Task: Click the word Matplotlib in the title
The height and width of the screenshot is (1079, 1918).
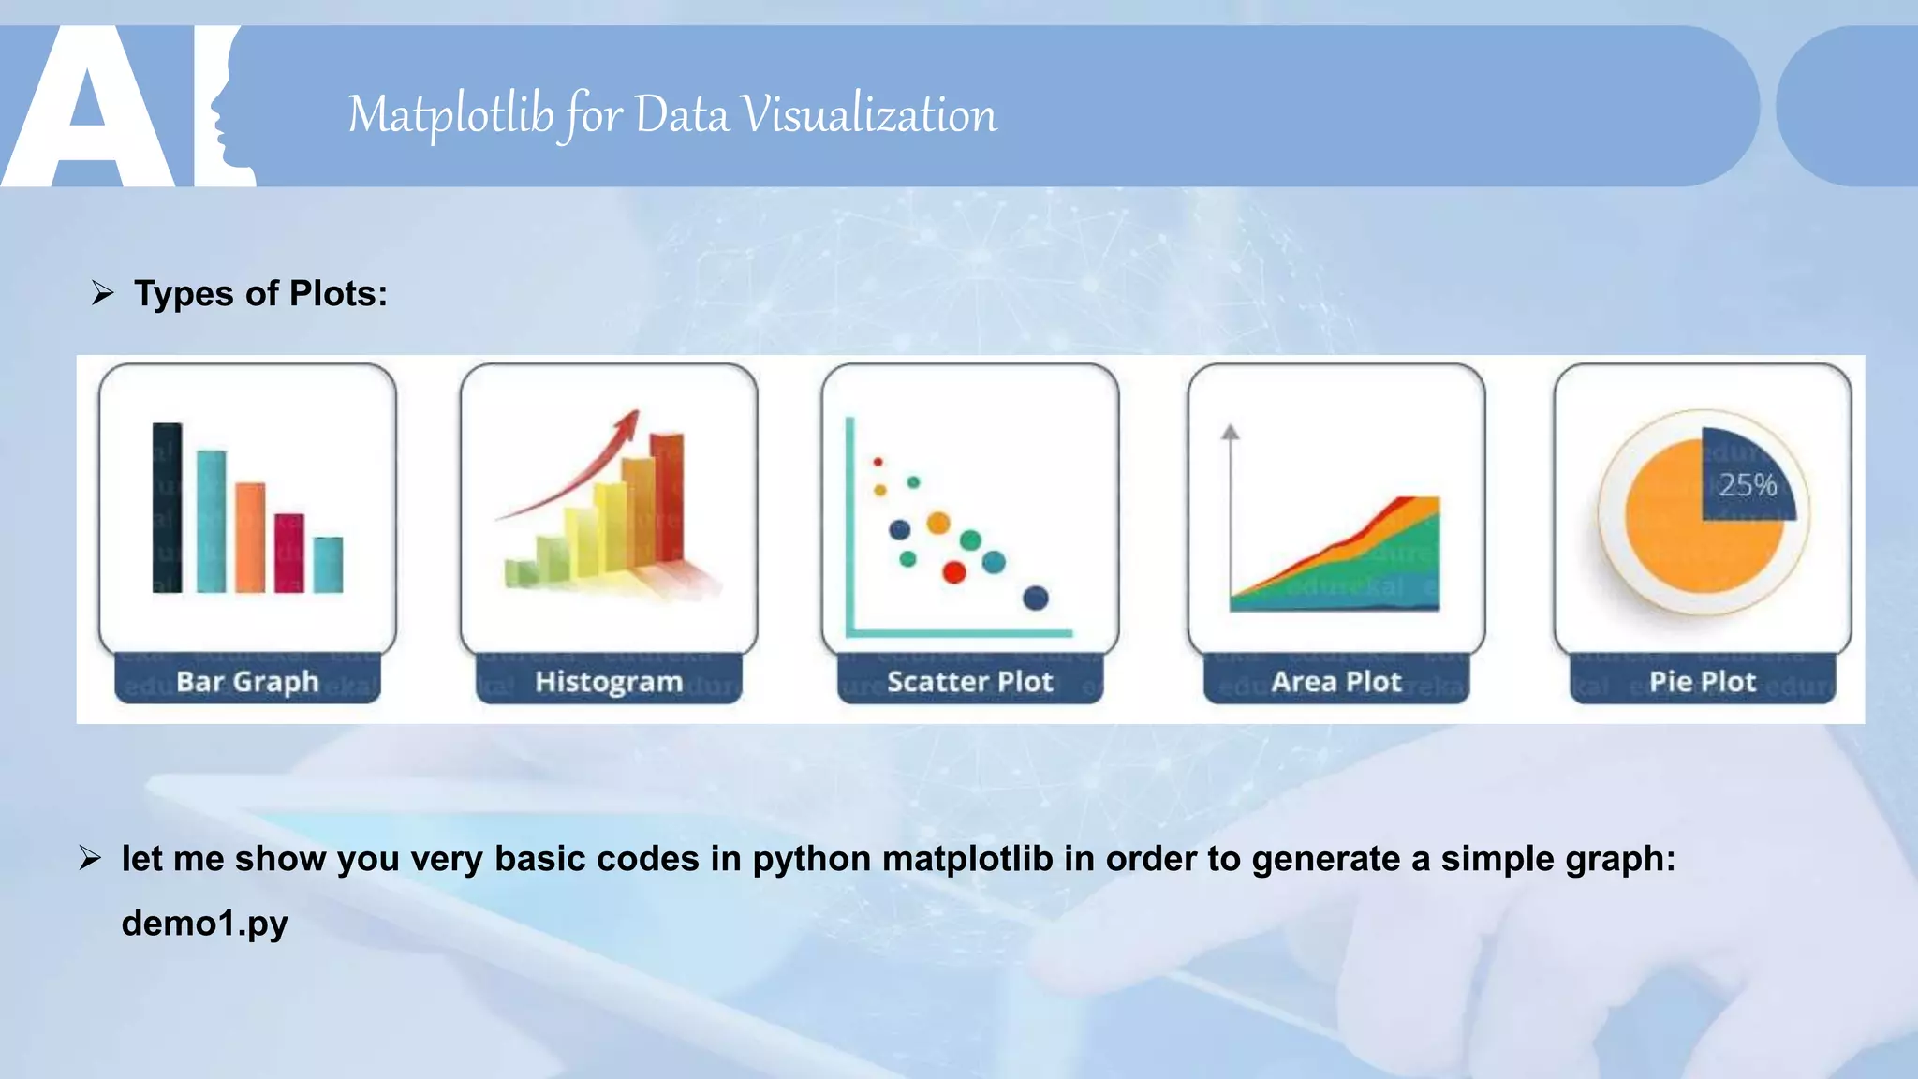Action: tap(450, 115)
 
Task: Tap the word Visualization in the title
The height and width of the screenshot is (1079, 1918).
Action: tap(869, 115)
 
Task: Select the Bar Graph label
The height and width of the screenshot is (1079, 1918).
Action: tap(247, 681)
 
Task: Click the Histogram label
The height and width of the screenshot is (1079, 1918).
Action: tap(609, 681)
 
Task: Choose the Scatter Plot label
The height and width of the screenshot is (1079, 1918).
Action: tap(970, 681)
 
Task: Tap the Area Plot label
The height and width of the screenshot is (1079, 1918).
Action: tap(1336, 681)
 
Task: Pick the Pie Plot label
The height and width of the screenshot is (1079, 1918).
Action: tap(1703, 681)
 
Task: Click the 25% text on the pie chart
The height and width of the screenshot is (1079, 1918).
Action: tap(1748, 485)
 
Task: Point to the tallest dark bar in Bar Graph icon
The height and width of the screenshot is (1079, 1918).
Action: tap(167, 507)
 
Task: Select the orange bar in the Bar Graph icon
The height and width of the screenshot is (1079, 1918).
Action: tap(250, 537)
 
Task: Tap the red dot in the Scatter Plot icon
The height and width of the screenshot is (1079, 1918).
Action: tap(953, 572)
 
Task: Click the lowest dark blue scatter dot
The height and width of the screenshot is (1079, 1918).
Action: tap(1036, 598)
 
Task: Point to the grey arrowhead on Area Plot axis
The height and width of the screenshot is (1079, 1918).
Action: tap(1231, 432)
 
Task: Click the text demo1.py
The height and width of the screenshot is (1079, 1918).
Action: tap(204, 924)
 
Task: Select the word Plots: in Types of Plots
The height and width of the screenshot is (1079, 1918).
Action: tap(338, 294)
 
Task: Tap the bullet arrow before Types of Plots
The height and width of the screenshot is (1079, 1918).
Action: tap(102, 294)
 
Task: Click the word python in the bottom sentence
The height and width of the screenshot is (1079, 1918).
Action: tap(812, 859)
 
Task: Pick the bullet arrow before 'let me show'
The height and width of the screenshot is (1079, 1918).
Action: tap(90, 858)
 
